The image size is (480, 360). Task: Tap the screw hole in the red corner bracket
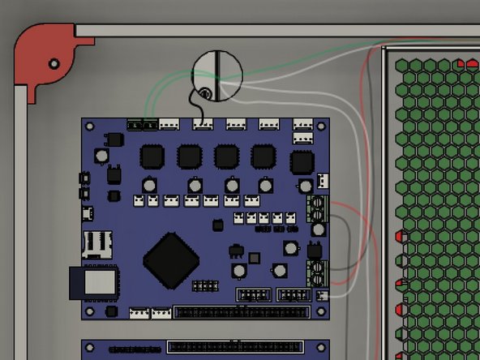point(54,63)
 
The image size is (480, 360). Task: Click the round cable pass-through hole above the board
point(216,76)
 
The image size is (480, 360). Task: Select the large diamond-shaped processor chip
point(172,261)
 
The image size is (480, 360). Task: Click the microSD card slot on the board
point(97,243)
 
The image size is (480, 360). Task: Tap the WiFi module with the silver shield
point(97,282)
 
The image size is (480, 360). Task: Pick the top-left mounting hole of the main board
point(89,126)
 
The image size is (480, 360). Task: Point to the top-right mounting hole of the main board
point(323,126)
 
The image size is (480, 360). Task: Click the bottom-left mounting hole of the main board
point(89,311)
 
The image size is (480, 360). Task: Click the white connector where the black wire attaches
point(202,125)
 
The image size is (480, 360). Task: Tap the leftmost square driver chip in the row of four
point(152,156)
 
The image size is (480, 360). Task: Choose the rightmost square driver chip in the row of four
point(263,156)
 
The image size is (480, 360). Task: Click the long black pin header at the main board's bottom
point(241,311)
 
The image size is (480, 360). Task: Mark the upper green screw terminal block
point(318,209)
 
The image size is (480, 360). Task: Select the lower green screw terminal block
point(317,270)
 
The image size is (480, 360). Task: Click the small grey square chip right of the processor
point(254,258)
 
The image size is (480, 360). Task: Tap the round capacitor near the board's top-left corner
point(101,154)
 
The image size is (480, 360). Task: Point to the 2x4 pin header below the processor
point(205,285)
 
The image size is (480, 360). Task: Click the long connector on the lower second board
point(235,347)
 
